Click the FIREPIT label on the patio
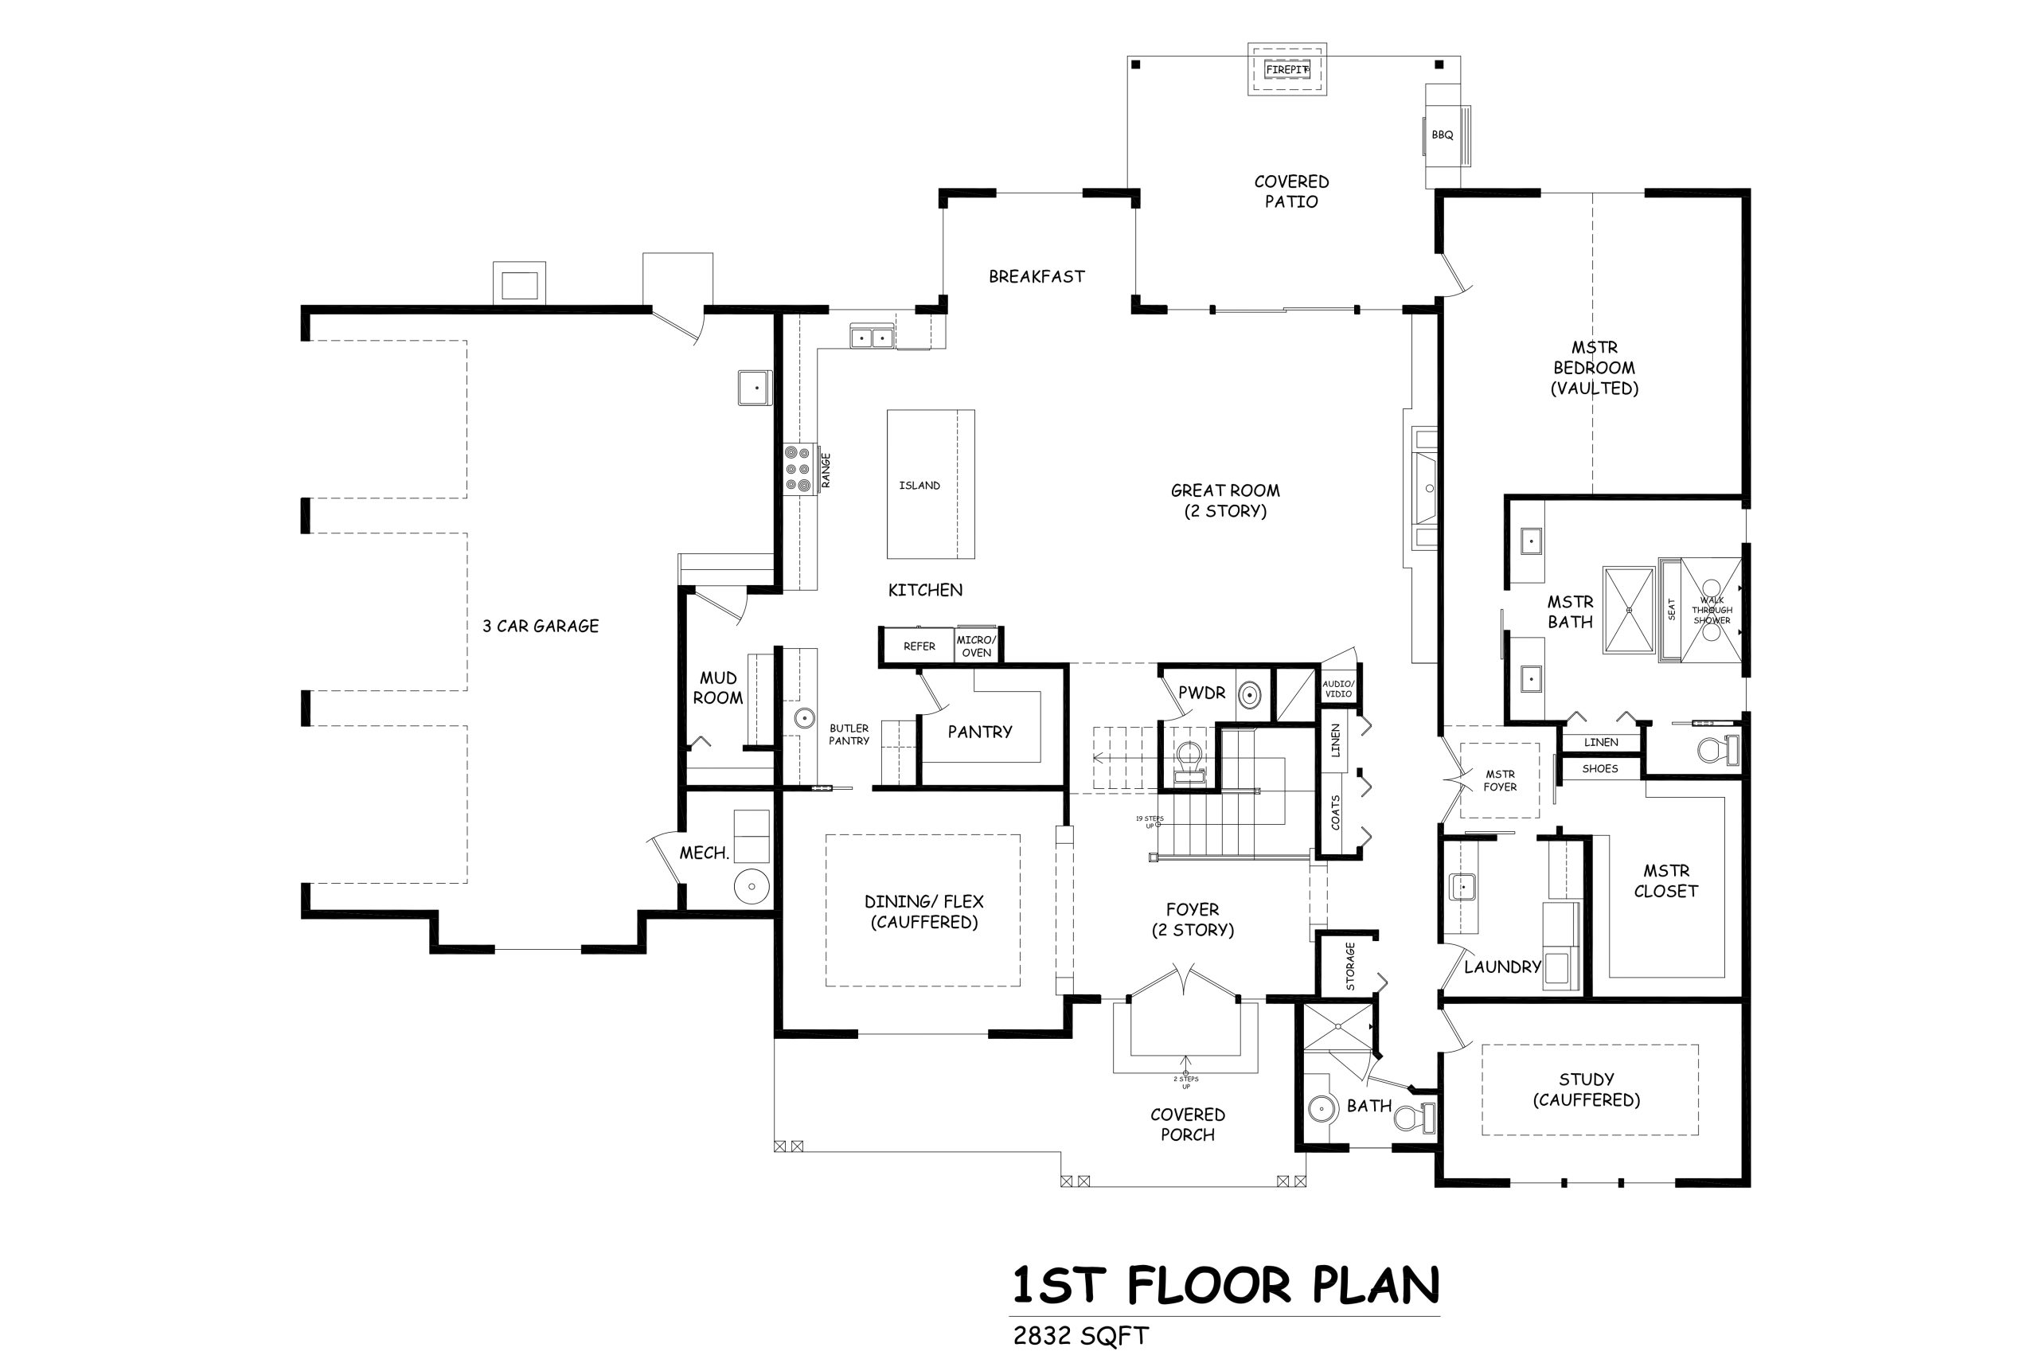tap(1286, 70)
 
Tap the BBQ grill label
tap(1442, 135)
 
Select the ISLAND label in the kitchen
tap(919, 486)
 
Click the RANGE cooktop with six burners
tap(798, 469)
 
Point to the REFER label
tap(919, 646)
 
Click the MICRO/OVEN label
tap(977, 646)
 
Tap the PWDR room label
tap(1202, 693)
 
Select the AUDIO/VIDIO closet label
tap(1338, 689)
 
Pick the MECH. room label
tap(704, 853)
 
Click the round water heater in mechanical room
tap(752, 887)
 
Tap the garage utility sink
tap(755, 388)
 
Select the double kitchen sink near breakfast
tap(872, 336)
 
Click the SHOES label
tap(1599, 769)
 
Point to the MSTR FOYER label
tap(1500, 781)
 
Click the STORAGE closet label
tap(1350, 967)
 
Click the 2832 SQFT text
tap(1080, 1336)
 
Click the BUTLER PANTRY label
tap(849, 735)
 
